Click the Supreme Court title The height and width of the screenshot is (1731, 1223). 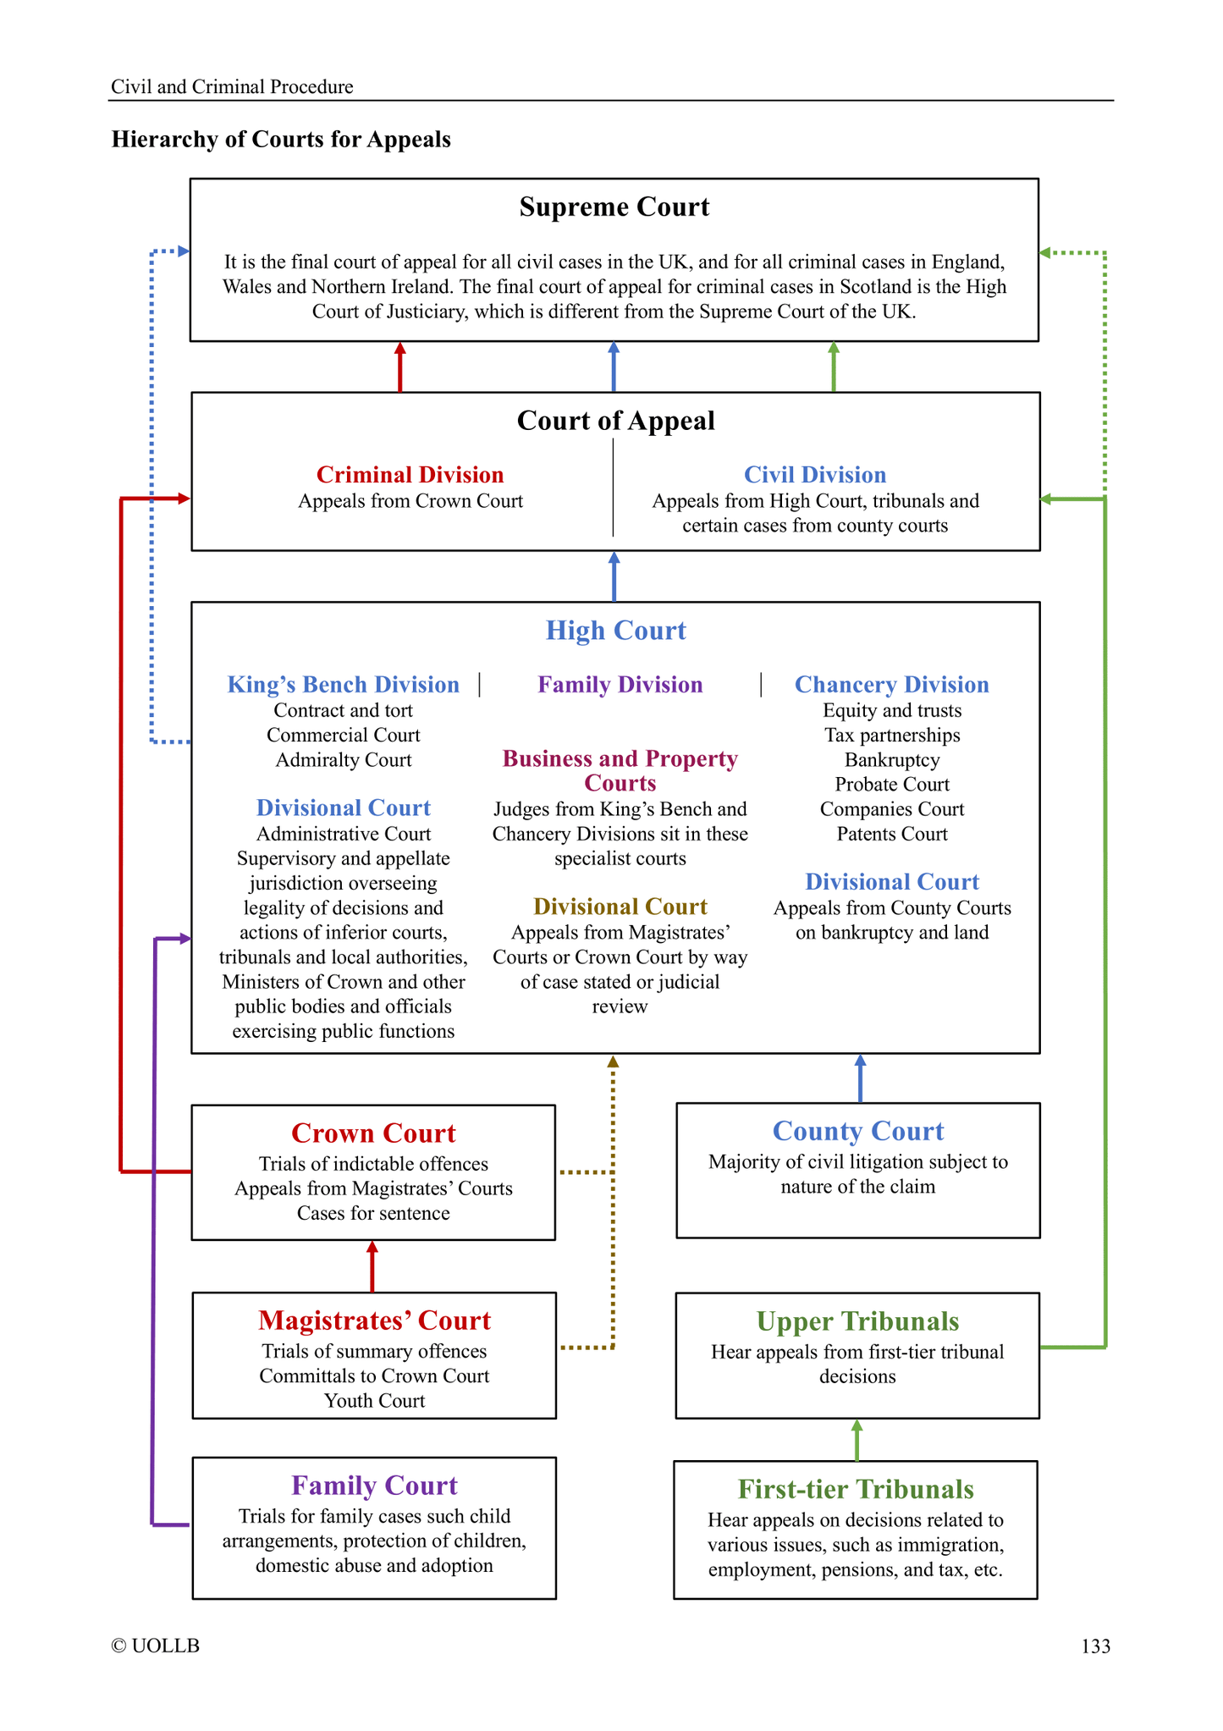coord(614,207)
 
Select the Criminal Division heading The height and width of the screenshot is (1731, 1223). coord(410,475)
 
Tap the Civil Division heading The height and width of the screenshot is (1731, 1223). coord(814,475)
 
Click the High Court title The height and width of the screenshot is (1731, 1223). coord(615,631)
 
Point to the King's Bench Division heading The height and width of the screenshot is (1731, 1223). coord(343,685)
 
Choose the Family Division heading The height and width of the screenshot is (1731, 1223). coord(620,685)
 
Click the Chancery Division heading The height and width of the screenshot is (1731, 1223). coord(891,685)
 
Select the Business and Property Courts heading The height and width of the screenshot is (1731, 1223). coord(620,770)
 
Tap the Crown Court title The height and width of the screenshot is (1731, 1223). coord(373,1133)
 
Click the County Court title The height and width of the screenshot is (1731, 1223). coord(857,1132)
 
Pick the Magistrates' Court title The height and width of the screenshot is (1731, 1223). coord(374,1320)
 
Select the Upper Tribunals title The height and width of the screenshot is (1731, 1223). coord(857,1321)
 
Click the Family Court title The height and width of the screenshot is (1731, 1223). coord(374,1486)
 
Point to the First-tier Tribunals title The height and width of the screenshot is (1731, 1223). coord(856,1489)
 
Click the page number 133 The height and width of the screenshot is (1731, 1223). coord(1095,1646)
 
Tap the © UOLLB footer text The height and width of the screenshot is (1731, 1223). coord(156,1646)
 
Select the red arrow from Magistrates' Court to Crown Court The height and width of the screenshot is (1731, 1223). coord(372,1266)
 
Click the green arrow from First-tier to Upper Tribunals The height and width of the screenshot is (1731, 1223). coord(857,1440)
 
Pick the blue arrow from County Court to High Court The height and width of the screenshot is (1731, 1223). coord(860,1078)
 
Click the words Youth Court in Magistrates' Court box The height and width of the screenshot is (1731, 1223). coord(374,1401)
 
